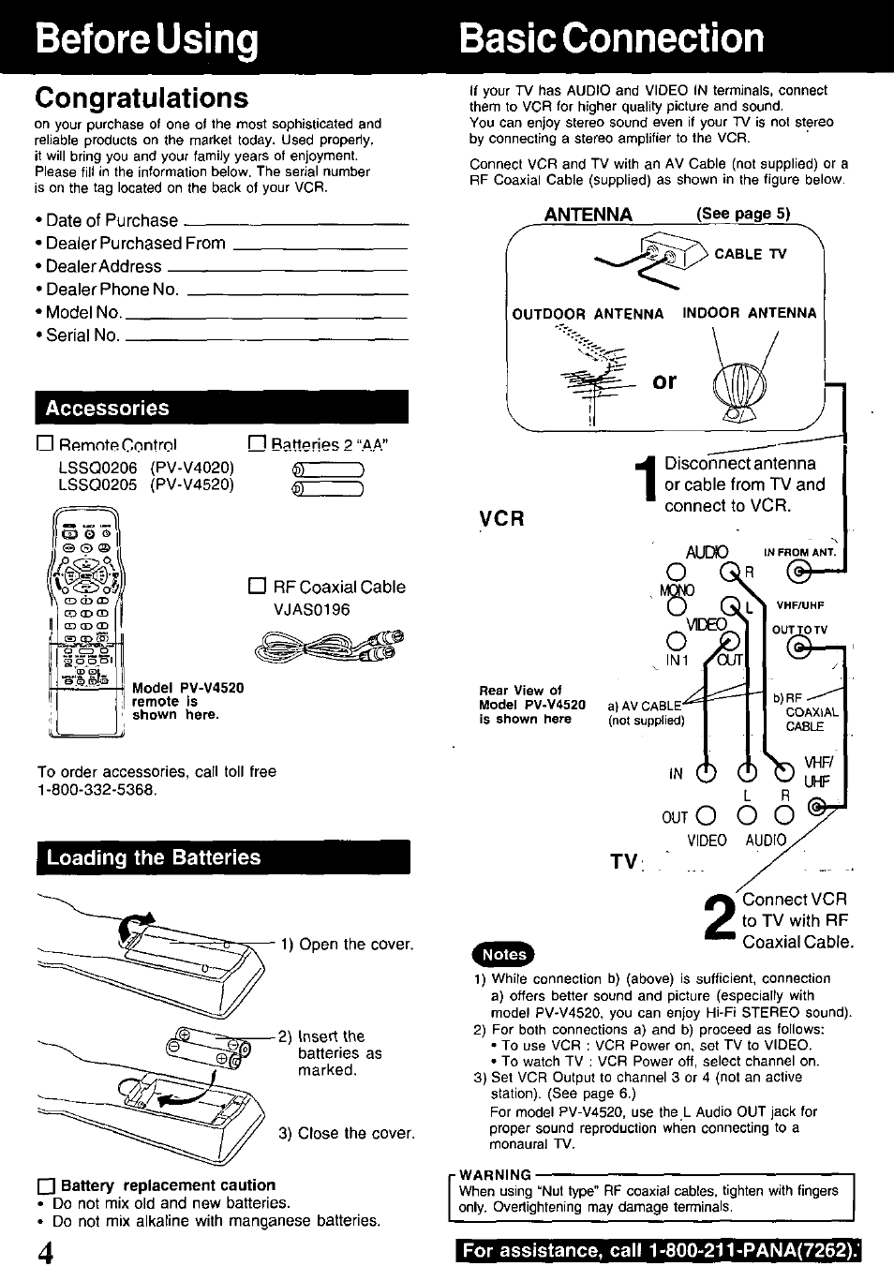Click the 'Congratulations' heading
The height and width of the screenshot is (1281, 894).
point(142,98)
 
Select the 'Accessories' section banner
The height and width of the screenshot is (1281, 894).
point(222,409)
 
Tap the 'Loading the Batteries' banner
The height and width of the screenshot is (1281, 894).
point(222,857)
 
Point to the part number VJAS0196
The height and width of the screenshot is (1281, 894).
point(311,610)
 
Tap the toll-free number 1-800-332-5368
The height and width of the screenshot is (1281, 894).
point(97,790)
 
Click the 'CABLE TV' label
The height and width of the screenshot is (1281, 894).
point(751,255)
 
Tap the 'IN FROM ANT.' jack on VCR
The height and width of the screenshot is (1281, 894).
point(798,571)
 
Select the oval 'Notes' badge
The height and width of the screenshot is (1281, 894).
point(503,954)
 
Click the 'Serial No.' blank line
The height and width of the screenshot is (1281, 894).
point(266,338)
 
